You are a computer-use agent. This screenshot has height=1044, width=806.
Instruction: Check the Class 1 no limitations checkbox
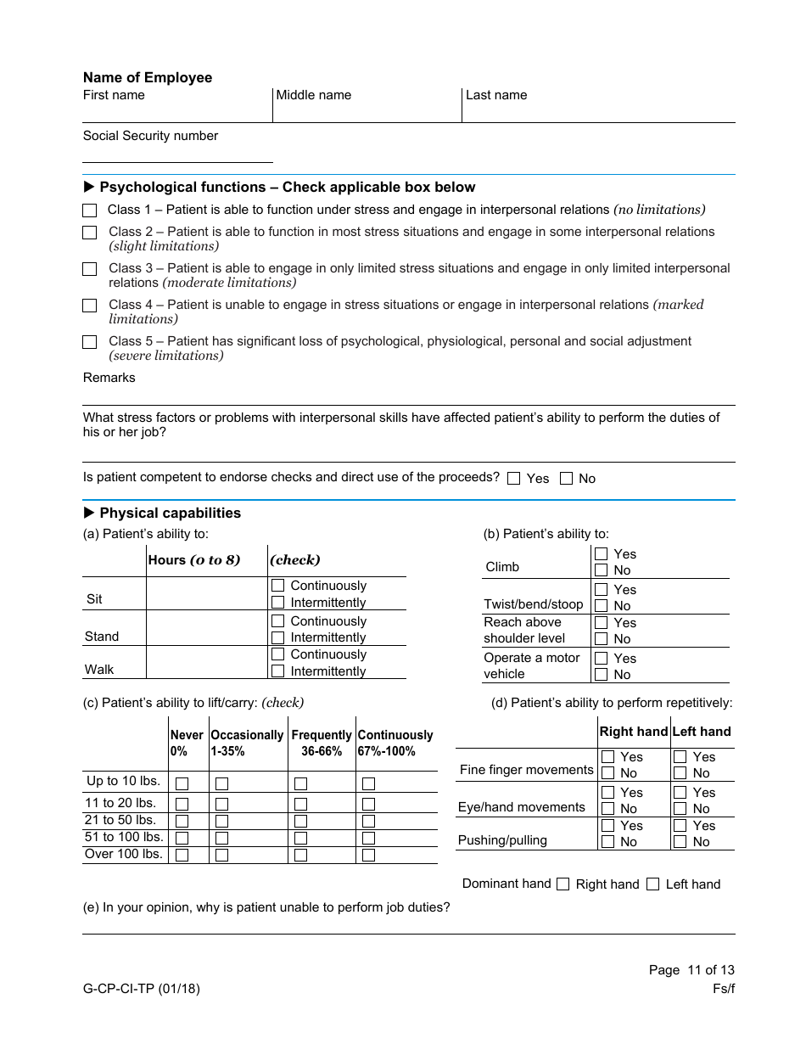point(90,210)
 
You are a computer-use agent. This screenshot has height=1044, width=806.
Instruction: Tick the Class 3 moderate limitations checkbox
point(90,269)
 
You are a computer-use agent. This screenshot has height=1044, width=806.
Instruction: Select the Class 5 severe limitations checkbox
point(90,342)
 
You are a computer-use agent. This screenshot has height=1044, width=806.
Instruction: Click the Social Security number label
point(150,136)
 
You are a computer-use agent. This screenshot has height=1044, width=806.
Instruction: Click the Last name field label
point(496,95)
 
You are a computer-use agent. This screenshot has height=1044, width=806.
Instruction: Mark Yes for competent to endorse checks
point(513,479)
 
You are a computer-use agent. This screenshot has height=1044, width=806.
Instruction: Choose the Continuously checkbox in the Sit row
point(277,586)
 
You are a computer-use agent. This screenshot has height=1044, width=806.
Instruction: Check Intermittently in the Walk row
point(277,671)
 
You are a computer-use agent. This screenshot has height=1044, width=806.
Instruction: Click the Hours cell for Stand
point(206,628)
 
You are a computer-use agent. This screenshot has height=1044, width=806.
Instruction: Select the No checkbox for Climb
point(602,570)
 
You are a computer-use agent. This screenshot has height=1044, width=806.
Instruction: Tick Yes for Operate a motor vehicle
point(602,659)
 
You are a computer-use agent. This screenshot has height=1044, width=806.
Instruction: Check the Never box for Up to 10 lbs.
point(182,783)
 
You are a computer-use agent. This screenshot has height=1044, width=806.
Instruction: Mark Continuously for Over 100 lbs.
point(368,855)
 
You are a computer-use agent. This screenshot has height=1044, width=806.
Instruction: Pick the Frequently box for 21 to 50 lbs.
point(300,821)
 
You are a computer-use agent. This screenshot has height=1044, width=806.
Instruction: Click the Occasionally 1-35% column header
point(247,743)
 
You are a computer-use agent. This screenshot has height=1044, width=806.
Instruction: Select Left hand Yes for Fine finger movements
point(680,757)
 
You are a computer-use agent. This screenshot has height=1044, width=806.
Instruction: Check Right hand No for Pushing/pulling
point(607,842)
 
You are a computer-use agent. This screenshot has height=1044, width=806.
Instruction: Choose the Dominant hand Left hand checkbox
point(652,884)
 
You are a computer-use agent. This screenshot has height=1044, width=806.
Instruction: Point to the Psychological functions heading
point(287,187)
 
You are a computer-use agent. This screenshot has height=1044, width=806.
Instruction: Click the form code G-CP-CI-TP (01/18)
point(142,988)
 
